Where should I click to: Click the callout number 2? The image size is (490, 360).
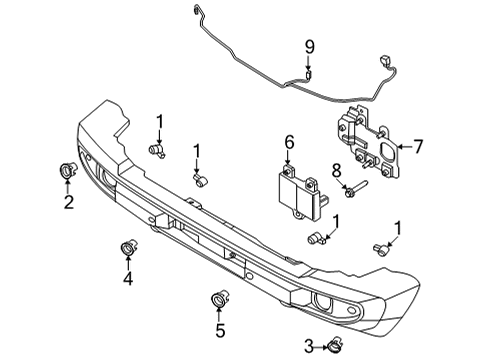pyautogui.click(x=68, y=204)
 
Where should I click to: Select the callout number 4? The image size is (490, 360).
pyautogui.click(x=128, y=279)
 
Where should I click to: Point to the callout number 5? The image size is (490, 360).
pyautogui.click(x=219, y=327)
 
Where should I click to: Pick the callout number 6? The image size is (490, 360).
pyautogui.click(x=289, y=143)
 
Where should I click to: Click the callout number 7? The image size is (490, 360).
pyautogui.click(x=419, y=146)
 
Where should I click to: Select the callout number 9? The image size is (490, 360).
pyautogui.click(x=310, y=45)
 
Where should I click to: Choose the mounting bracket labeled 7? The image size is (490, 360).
pyautogui.click(x=370, y=145)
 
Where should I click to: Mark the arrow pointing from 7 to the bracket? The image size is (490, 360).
pyautogui.click(x=404, y=147)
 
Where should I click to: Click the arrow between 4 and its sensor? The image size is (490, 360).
pyautogui.click(x=128, y=263)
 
